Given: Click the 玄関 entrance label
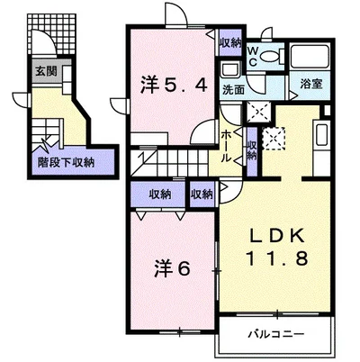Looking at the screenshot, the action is tap(46, 71).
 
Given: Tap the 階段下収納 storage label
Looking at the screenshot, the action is tap(66, 162).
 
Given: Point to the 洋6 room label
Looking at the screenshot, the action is tap(172, 268).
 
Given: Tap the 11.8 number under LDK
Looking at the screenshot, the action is tap(277, 258).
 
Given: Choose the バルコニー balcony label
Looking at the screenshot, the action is tap(276, 333).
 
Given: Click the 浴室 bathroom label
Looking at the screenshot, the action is tap(311, 84).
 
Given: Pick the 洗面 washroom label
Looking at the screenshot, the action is tap(233, 89).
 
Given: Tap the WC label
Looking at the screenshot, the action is tap(253, 56).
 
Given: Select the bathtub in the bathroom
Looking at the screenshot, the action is tap(310, 57).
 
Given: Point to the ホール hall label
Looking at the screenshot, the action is tap(227, 147).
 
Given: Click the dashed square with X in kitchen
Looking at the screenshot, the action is tap(274, 139).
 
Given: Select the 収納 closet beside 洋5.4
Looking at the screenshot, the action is tap(230, 42).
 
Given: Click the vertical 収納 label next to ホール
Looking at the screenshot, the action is tap(252, 150).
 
